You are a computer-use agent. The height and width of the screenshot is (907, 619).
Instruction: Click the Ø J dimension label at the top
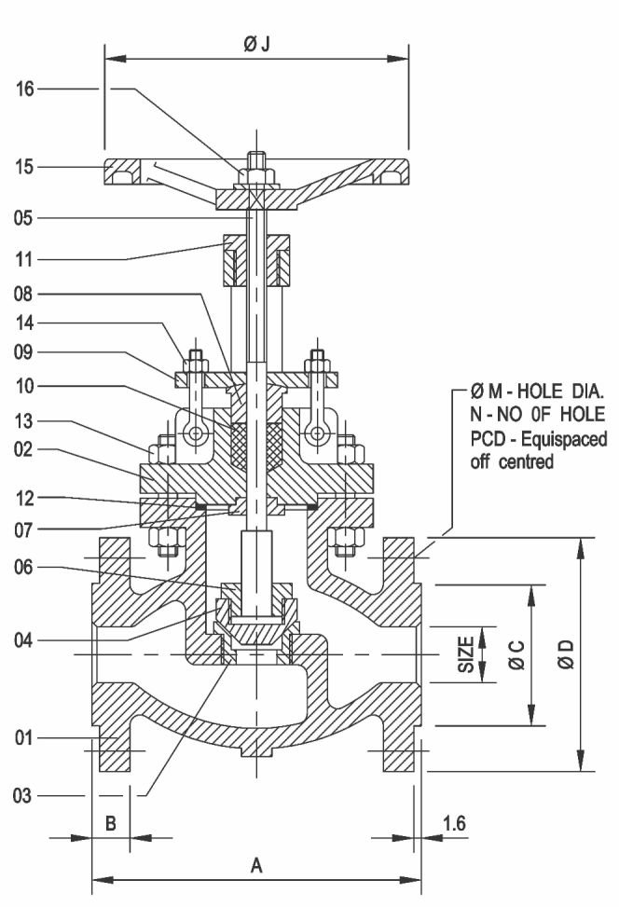[x=257, y=44]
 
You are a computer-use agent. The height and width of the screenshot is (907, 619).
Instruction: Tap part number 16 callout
[x=25, y=89]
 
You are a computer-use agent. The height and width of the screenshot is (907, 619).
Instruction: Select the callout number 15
[x=25, y=167]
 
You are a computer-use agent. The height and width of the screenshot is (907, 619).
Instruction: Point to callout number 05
[x=23, y=218]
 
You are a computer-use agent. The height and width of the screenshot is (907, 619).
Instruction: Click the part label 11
[x=24, y=259]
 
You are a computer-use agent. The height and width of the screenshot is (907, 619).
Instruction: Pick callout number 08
[x=23, y=294]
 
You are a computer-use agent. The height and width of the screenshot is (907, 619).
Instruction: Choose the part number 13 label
[x=24, y=421]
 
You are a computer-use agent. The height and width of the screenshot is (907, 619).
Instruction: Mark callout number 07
[x=24, y=529]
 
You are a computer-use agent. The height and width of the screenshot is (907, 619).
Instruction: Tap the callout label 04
[x=23, y=640]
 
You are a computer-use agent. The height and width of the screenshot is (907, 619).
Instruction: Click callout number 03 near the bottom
[x=22, y=796]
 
